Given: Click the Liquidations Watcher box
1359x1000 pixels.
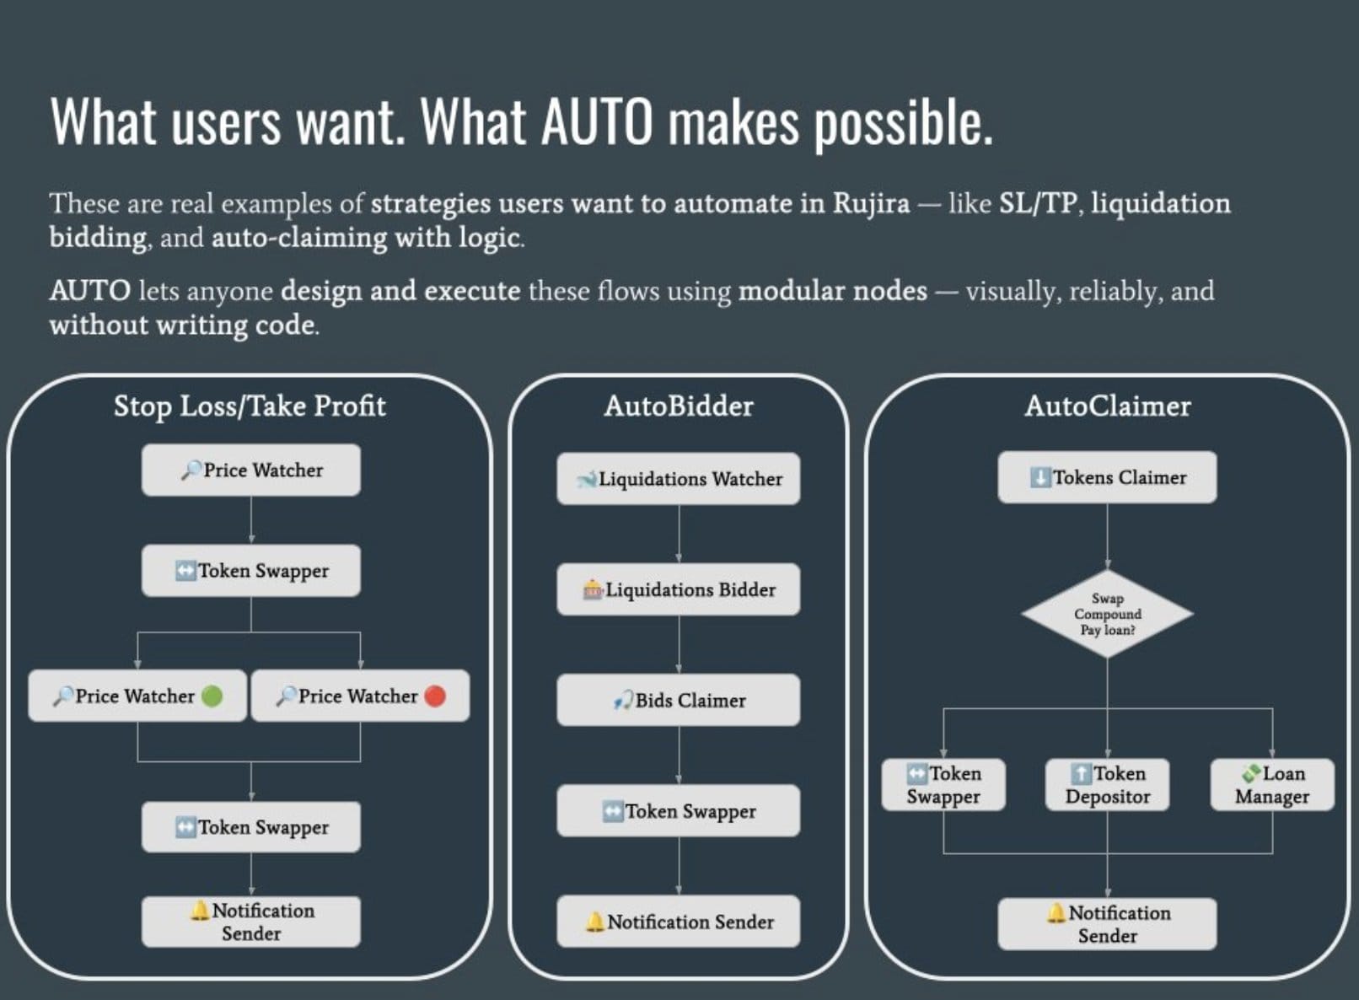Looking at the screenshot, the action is (x=679, y=479).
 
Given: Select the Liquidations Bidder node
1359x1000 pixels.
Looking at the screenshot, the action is (x=679, y=589).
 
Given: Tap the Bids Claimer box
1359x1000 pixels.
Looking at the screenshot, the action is (x=679, y=700).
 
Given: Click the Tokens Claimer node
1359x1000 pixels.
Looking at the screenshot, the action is (x=1107, y=477).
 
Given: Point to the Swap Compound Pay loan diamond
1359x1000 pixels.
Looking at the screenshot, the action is (x=1107, y=614).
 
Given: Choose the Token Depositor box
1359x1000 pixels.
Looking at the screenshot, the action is (x=1107, y=785).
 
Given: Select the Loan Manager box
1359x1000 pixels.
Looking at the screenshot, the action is (x=1272, y=785).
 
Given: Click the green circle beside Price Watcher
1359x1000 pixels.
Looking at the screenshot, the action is (x=212, y=696).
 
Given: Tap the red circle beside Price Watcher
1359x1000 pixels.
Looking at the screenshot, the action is (x=435, y=696).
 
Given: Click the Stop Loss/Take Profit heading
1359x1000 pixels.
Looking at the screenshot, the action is (x=250, y=406).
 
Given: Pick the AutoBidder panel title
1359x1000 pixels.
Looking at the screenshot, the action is (x=679, y=406).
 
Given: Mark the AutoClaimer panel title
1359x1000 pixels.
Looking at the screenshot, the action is (x=1108, y=406).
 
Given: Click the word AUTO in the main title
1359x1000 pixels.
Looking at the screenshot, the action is (x=597, y=121).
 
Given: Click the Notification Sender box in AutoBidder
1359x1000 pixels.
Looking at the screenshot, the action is (x=679, y=922).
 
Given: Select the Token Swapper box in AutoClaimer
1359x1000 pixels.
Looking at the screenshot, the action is (x=943, y=785).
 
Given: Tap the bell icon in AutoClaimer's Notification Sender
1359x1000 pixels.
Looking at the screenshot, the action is (x=1056, y=912).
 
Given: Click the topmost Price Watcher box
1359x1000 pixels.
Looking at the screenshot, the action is (x=251, y=470).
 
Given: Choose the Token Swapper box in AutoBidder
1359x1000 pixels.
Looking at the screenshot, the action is (x=679, y=810).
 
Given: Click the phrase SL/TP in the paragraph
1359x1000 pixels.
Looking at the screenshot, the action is (x=1038, y=204).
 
